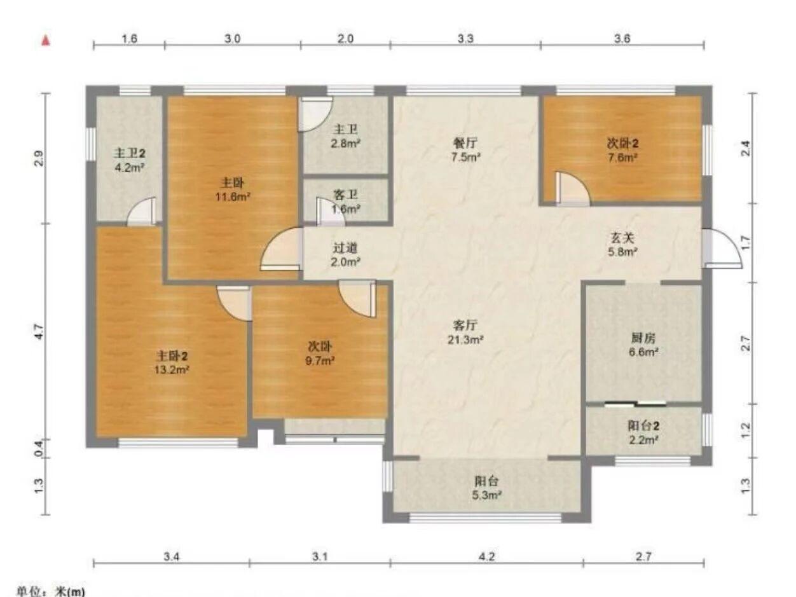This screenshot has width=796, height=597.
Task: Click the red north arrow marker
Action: tap(46, 40)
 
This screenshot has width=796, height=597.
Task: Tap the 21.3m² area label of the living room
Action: tap(465, 340)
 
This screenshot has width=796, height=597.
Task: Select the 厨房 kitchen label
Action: tap(643, 338)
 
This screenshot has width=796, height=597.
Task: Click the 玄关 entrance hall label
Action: tap(622, 238)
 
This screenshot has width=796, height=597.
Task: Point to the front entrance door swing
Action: tap(722, 249)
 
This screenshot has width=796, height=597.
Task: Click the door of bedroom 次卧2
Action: tap(572, 189)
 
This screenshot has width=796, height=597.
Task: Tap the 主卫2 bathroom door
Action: tap(142, 212)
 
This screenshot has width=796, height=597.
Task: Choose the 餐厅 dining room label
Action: tap(465, 143)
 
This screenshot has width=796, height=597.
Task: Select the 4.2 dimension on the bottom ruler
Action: tap(486, 556)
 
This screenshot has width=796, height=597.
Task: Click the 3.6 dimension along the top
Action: tap(622, 38)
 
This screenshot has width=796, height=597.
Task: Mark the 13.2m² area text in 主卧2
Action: tap(172, 370)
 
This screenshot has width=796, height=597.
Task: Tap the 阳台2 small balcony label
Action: tap(643, 426)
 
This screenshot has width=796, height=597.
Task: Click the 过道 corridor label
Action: tap(345, 248)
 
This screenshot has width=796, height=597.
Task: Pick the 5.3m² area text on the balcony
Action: tap(486, 495)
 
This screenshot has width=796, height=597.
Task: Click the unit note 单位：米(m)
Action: tap(51, 591)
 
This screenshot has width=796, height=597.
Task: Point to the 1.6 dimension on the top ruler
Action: tap(129, 38)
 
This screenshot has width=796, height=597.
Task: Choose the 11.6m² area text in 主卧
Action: tap(233, 197)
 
